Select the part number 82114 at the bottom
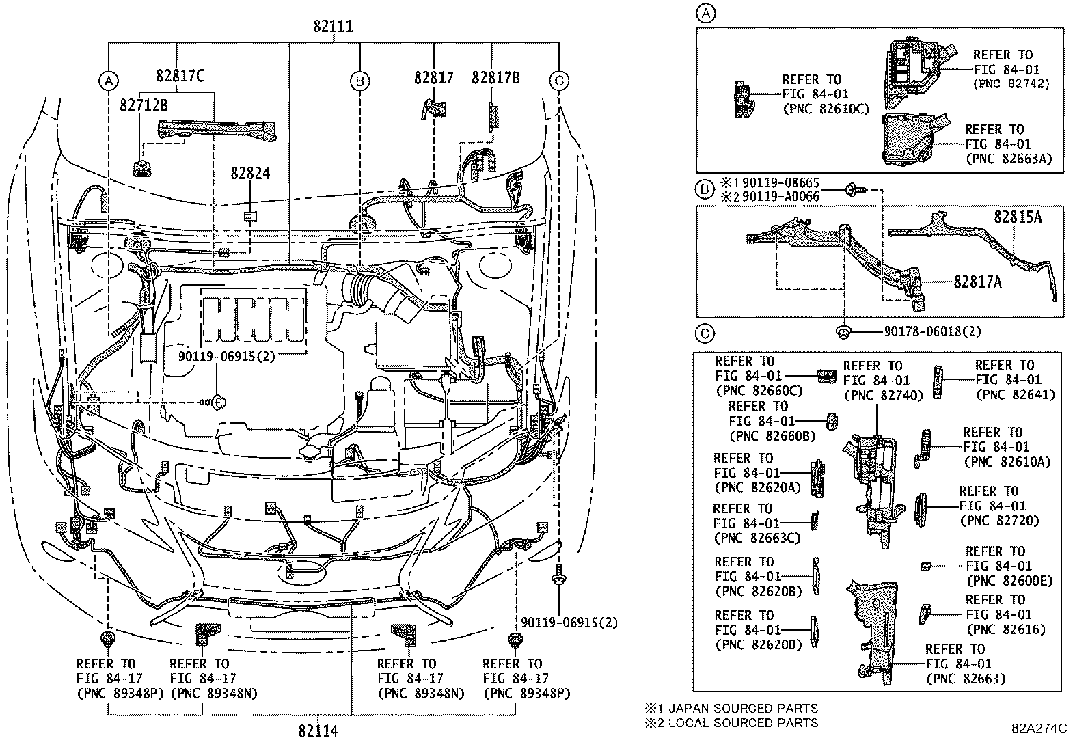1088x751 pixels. click(x=318, y=731)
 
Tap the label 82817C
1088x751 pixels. click(x=180, y=77)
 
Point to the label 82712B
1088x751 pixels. click(x=144, y=106)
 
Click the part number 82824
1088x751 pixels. click(x=250, y=174)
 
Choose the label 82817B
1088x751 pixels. click(x=495, y=78)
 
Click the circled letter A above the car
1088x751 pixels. click(x=108, y=81)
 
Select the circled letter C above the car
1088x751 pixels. click(x=559, y=81)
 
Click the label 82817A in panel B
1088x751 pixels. click(x=979, y=281)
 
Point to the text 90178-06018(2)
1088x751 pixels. click(x=932, y=331)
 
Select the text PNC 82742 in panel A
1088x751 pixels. click(x=1010, y=84)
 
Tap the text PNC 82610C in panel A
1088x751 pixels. click(x=826, y=109)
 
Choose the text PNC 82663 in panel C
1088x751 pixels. click(x=966, y=679)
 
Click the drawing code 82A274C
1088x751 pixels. click(x=1039, y=728)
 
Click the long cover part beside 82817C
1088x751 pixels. click(x=217, y=131)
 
